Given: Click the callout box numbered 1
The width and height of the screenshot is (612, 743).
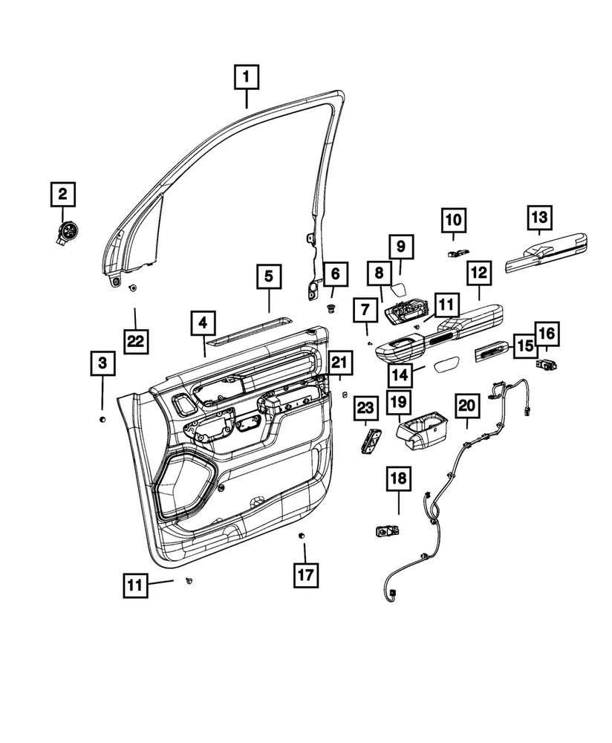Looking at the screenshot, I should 247,75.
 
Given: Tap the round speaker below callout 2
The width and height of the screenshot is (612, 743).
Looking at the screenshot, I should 68,232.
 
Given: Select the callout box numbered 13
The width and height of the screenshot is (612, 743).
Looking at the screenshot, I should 539,218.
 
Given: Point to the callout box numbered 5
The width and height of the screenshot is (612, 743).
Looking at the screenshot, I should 269,276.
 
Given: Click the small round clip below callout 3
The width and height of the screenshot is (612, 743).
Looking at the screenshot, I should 102,421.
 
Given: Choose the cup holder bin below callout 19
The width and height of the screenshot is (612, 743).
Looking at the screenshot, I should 421,433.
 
